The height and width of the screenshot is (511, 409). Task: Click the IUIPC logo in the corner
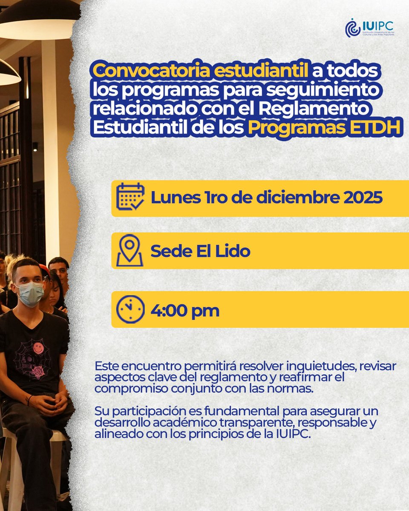pyautogui.click(x=369, y=28)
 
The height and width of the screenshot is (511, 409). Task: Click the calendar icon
pyautogui.click(x=130, y=198)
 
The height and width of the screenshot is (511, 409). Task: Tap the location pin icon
pyautogui.click(x=130, y=250)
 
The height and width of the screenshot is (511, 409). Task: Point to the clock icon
pyautogui.click(x=130, y=310)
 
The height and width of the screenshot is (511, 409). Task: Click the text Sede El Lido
pyautogui.click(x=200, y=251)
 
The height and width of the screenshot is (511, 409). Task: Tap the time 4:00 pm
pyautogui.click(x=185, y=310)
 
